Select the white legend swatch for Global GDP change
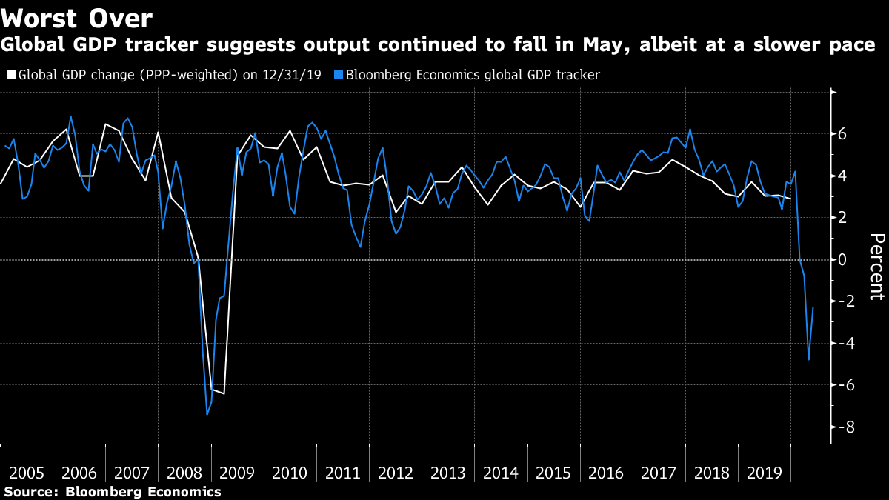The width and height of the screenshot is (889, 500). tap(10, 75)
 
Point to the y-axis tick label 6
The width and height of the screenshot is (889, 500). tap(842, 134)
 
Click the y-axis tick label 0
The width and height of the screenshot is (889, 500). tap(842, 259)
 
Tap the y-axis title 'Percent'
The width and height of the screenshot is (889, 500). tap(877, 267)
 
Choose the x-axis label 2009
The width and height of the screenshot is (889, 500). tap(237, 473)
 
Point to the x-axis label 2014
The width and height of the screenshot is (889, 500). tap(500, 473)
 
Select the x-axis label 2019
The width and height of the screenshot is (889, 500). tap(763, 473)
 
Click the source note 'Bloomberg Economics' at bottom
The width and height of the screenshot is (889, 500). tap(143, 492)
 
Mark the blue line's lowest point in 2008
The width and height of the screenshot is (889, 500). tap(207, 414)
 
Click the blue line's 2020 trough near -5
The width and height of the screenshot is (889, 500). tap(808, 360)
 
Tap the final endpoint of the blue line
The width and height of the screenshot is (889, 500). tap(813, 307)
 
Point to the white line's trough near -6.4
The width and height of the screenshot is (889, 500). tap(224, 393)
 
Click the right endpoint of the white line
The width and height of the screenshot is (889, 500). tap(790, 199)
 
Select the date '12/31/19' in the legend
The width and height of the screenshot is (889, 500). tap(296, 75)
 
